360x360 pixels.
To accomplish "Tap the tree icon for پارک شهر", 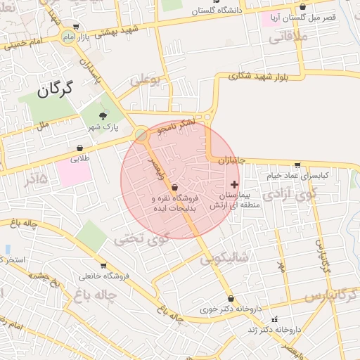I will point(103,115).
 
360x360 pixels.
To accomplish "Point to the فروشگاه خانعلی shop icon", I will point(103,266).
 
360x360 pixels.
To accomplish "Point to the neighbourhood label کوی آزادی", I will point(285,192).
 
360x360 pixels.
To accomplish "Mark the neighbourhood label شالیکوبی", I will point(224,258).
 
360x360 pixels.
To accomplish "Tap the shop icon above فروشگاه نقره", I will point(174,186).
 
